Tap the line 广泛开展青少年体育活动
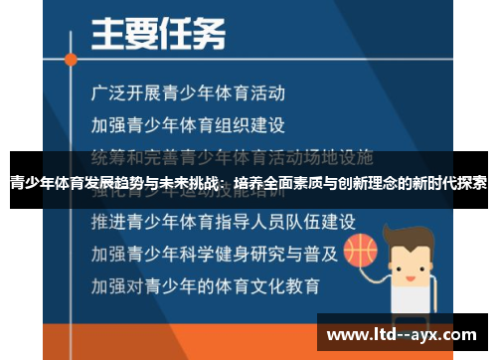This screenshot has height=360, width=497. (x=188, y=94)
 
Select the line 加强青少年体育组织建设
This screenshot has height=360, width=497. (x=188, y=125)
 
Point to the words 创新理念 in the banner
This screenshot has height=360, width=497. (x=371, y=184)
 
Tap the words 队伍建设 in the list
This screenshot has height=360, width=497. (x=318, y=219)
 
